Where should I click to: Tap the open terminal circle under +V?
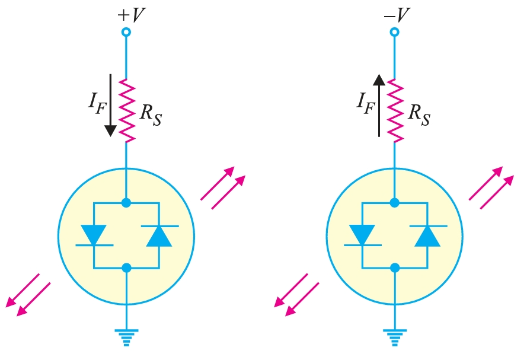pos(126,32)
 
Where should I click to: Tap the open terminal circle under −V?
pos(394,32)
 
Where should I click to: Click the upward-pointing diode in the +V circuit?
pos(159,235)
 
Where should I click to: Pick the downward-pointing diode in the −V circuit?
pos(361,235)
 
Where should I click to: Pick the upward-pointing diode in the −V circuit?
pos(427,235)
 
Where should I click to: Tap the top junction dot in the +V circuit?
pos(126,203)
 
